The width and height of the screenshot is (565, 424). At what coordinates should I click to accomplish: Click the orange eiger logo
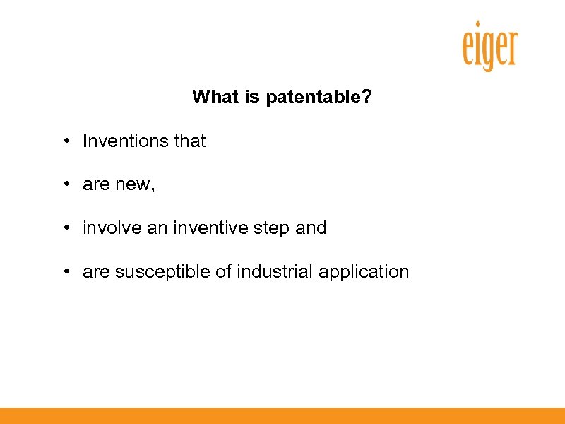[x=489, y=47]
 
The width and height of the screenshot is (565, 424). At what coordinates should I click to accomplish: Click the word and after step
[x=310, y=228]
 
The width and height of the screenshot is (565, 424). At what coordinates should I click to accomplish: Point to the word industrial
[x=274, y=272]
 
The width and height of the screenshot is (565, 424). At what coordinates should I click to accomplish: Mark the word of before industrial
[x=223, y=272]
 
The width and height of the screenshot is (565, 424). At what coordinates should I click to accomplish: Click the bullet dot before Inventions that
[x=65, y=141]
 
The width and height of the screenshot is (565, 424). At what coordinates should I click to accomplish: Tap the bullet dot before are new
[x=65, y=185]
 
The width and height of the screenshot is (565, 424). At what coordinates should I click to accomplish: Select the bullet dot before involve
[x=65, y=228]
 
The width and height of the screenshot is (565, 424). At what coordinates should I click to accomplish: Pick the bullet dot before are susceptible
[x=65, y=272]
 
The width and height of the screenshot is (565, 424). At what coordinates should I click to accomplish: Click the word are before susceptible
[x=96, y=273]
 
